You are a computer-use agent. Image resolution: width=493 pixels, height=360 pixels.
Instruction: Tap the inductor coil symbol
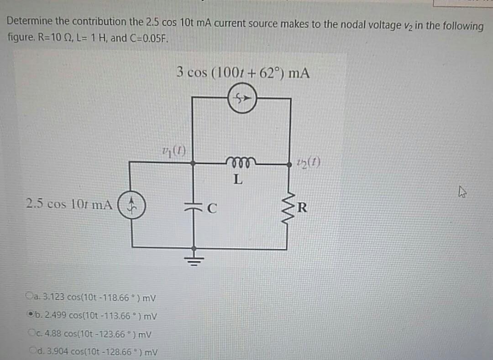[238, 161]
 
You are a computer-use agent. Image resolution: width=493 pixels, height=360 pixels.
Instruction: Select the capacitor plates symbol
[194, 207]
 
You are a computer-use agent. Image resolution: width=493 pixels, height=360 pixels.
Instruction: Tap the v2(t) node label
[309, 161]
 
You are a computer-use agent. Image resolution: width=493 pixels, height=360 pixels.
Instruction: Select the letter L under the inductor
[237, 179]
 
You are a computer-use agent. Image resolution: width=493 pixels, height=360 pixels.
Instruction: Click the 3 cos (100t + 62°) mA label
[243, 72]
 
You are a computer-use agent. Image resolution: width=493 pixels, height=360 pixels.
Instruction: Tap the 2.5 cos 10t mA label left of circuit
[69, 204]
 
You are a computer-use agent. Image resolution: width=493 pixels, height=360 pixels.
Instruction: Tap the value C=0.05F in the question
[152, 38]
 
